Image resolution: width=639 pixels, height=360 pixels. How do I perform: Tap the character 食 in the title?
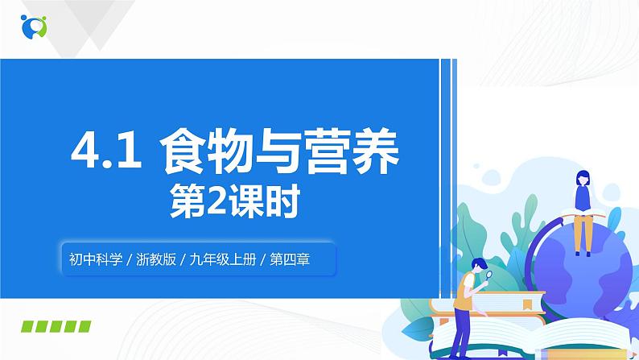tap(184, 154)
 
